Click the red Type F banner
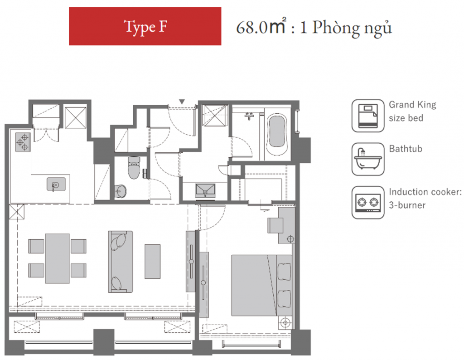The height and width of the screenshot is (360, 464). pyautogui.click(x=145, y=26)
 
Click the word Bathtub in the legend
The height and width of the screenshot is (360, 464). pyautogui.click(x=406, y=149)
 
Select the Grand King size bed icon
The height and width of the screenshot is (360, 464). pyautogui.click(x=368, y=116)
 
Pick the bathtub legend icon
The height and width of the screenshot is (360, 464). pyautogui.click(x=368, y=159)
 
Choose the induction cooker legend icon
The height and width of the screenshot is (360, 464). pyautogui.click(x=368, y=203)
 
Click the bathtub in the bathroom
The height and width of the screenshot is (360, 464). pyautogui.click(x=277, y=134)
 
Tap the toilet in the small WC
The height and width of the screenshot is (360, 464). pyautogui.click(x=134, y=168)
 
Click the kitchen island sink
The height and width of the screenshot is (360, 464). pyautogui.click(x=56, y=184)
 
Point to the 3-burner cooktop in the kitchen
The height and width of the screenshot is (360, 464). pyautogui.click(x=23, y=142)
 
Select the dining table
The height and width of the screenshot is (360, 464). pyautogui.click(x=58, y=258)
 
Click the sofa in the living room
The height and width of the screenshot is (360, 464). pyautogui.click(x=120, y=262)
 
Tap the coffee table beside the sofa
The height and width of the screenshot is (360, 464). pyautogui.click(x=152, y=262)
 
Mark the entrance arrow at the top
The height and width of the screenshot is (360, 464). pyautogui.click(x=182, y=102)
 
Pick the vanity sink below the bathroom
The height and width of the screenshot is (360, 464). pyautogui.click(x=205, y=190)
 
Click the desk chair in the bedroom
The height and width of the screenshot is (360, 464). pyautogui.click(x=275, y=226)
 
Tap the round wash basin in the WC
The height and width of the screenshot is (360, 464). pyautogui.click(x=121, y=191)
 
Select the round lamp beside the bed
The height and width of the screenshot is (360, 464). pyautogui.click(x=285, y=322)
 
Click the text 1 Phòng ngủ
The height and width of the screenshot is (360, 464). pyautogui.click(x=346, y=28)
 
